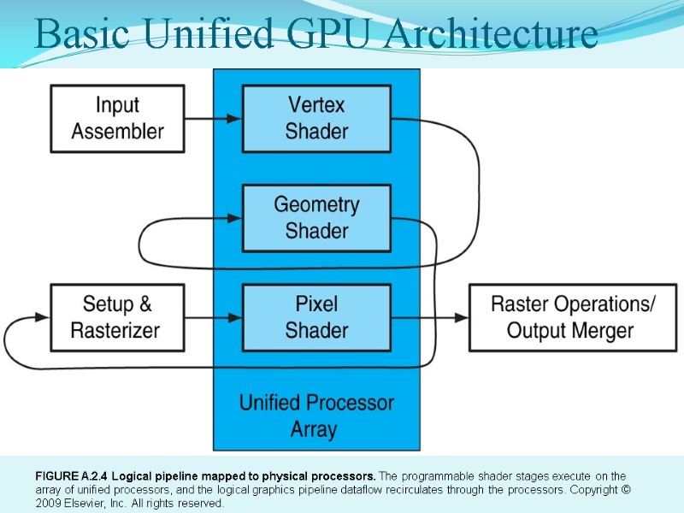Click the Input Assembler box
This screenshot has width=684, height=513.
pyautogui.click(x=117, y=119)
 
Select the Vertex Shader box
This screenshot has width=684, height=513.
pyautogui.click(x=316, y=119)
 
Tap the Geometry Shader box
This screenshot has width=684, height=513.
pyautogui.click(x=316, y=218)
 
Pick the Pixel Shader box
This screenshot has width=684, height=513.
pyautogui.click(x=316, y=317)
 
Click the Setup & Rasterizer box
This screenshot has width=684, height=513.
pyautogui.click(x=117, y=317)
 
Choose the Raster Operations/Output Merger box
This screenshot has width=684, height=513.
pyautogui.click(x=573, y=317)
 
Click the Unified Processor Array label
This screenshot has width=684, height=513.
pyautogui.click(x=316, y=416)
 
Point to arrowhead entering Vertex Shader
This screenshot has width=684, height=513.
pyautogui.click(x=234, y=119)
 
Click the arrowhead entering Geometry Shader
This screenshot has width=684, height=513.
pyautogui.click(x=234, y=218)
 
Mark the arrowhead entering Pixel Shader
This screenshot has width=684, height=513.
pyautogui.click(x=234, y=317)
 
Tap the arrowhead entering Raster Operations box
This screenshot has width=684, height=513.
pyautogui.click(x=462, y=317)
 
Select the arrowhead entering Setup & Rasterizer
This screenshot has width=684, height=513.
pyautogui.click(x=43, y=316)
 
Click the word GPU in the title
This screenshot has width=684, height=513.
pyautogui.click(x=333, y=33)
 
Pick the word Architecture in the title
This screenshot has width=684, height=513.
pyautogui.click(x=492, y=33)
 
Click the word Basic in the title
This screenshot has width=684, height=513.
pyautogui.click(x=82, y=33)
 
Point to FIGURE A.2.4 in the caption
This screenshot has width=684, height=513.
pyautogui.click(x=71, y=476)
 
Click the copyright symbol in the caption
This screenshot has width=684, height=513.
pyautogui.click(x=626, y=489)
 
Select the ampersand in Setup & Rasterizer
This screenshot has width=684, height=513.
pyautogui.click(x=145, y=304)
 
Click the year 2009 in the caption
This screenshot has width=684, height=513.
pyautogui.click(x=49, y=503)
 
